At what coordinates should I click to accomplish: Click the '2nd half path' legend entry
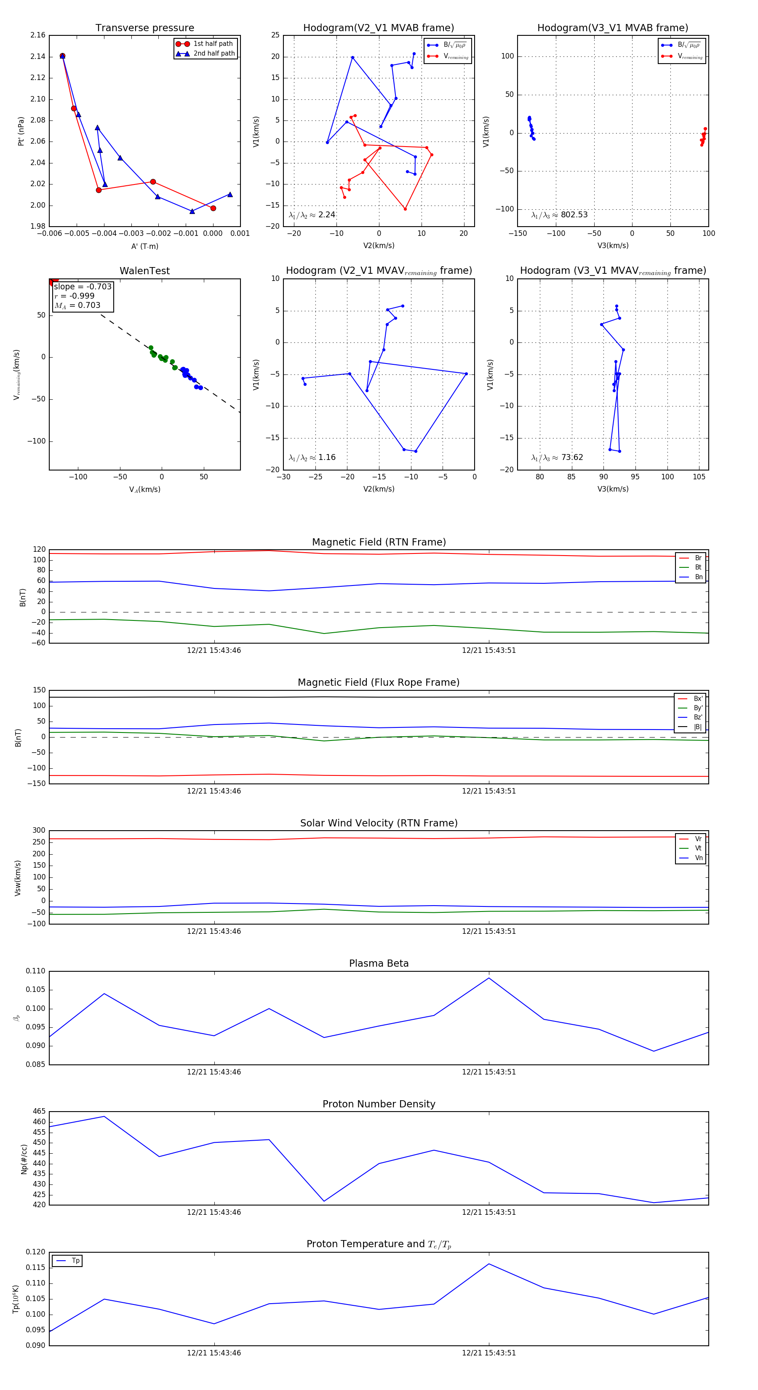tap(214, 53)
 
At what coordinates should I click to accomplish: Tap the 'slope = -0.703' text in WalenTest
tap(83, 286)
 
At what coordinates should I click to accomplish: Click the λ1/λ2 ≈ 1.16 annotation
tap(312, 457)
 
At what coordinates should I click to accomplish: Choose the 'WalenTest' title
tap(144, 271)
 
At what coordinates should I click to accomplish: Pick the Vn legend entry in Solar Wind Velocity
tap(698, 858)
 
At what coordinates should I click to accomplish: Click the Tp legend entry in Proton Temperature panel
tap(75, 1261)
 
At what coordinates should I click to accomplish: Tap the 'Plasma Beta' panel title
tap(379, 963)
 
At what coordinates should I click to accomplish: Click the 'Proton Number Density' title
tap(379, 1104)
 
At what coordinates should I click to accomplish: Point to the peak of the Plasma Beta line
tap(489, 978)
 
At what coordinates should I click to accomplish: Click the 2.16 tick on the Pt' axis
tap(38, 35)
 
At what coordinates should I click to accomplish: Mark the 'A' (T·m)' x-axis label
tap(144, 246)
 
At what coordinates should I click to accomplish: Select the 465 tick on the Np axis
tap(39, 1112)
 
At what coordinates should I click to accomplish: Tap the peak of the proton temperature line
tap(489, 1264)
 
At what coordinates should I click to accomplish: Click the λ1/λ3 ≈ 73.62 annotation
tap(557, 457)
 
